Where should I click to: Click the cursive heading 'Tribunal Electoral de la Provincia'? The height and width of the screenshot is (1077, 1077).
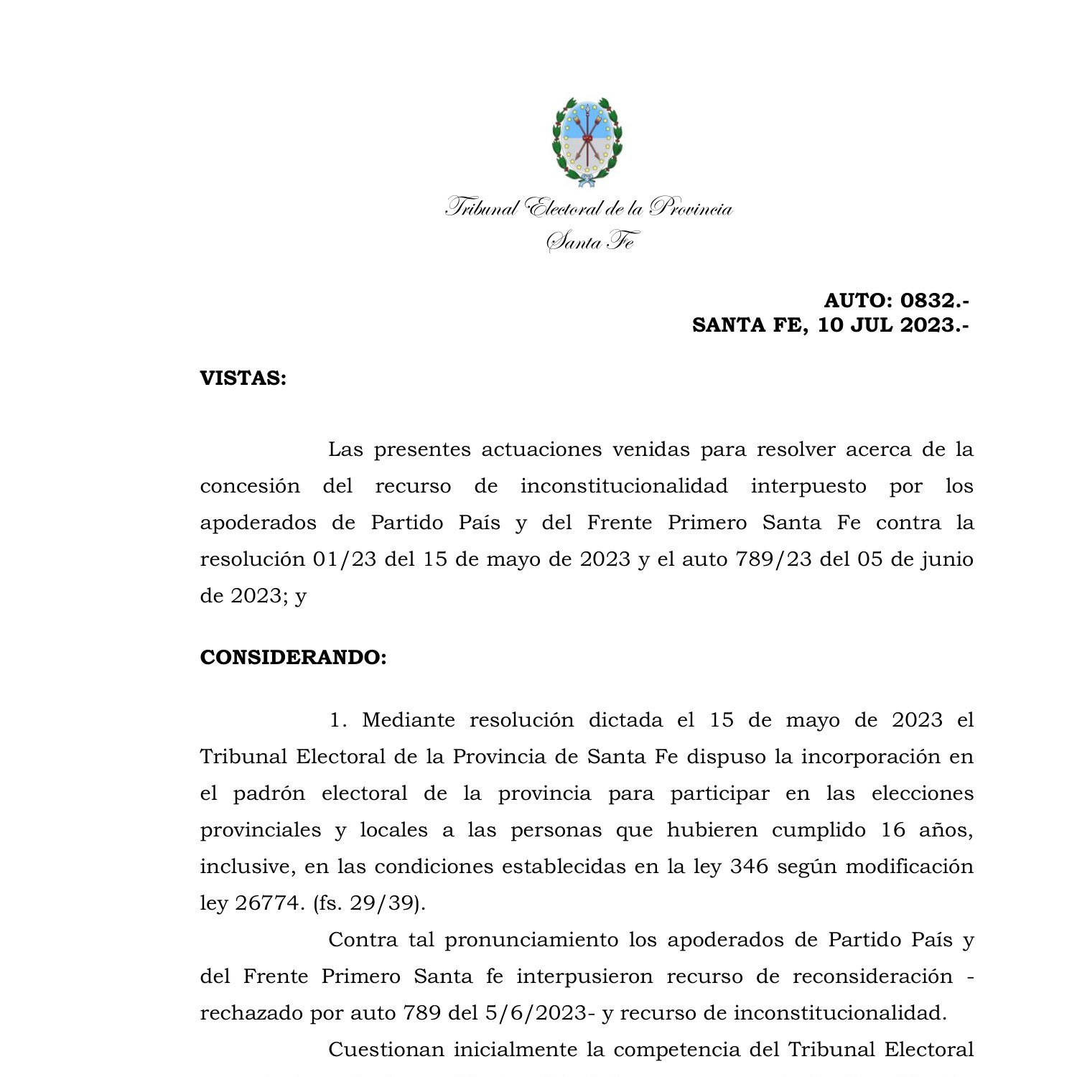coord(589,208)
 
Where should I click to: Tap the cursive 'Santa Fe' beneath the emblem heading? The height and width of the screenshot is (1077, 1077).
coord(590,242)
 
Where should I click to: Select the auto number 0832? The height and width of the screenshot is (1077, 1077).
coord(930,300)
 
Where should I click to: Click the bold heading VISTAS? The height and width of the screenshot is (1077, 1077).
coord(243,378)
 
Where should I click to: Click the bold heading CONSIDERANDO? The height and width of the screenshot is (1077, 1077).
coord(293,658)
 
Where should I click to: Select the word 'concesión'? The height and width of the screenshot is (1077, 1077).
coord(249,486)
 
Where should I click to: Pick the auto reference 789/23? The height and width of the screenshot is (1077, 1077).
coord(773,559)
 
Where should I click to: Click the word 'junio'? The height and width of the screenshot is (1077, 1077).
coord(947,559)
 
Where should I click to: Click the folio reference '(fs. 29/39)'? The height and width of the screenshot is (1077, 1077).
coord(369,903)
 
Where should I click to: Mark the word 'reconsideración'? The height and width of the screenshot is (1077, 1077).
coord(872,976)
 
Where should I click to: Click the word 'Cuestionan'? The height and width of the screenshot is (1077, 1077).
coord(386,1050)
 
